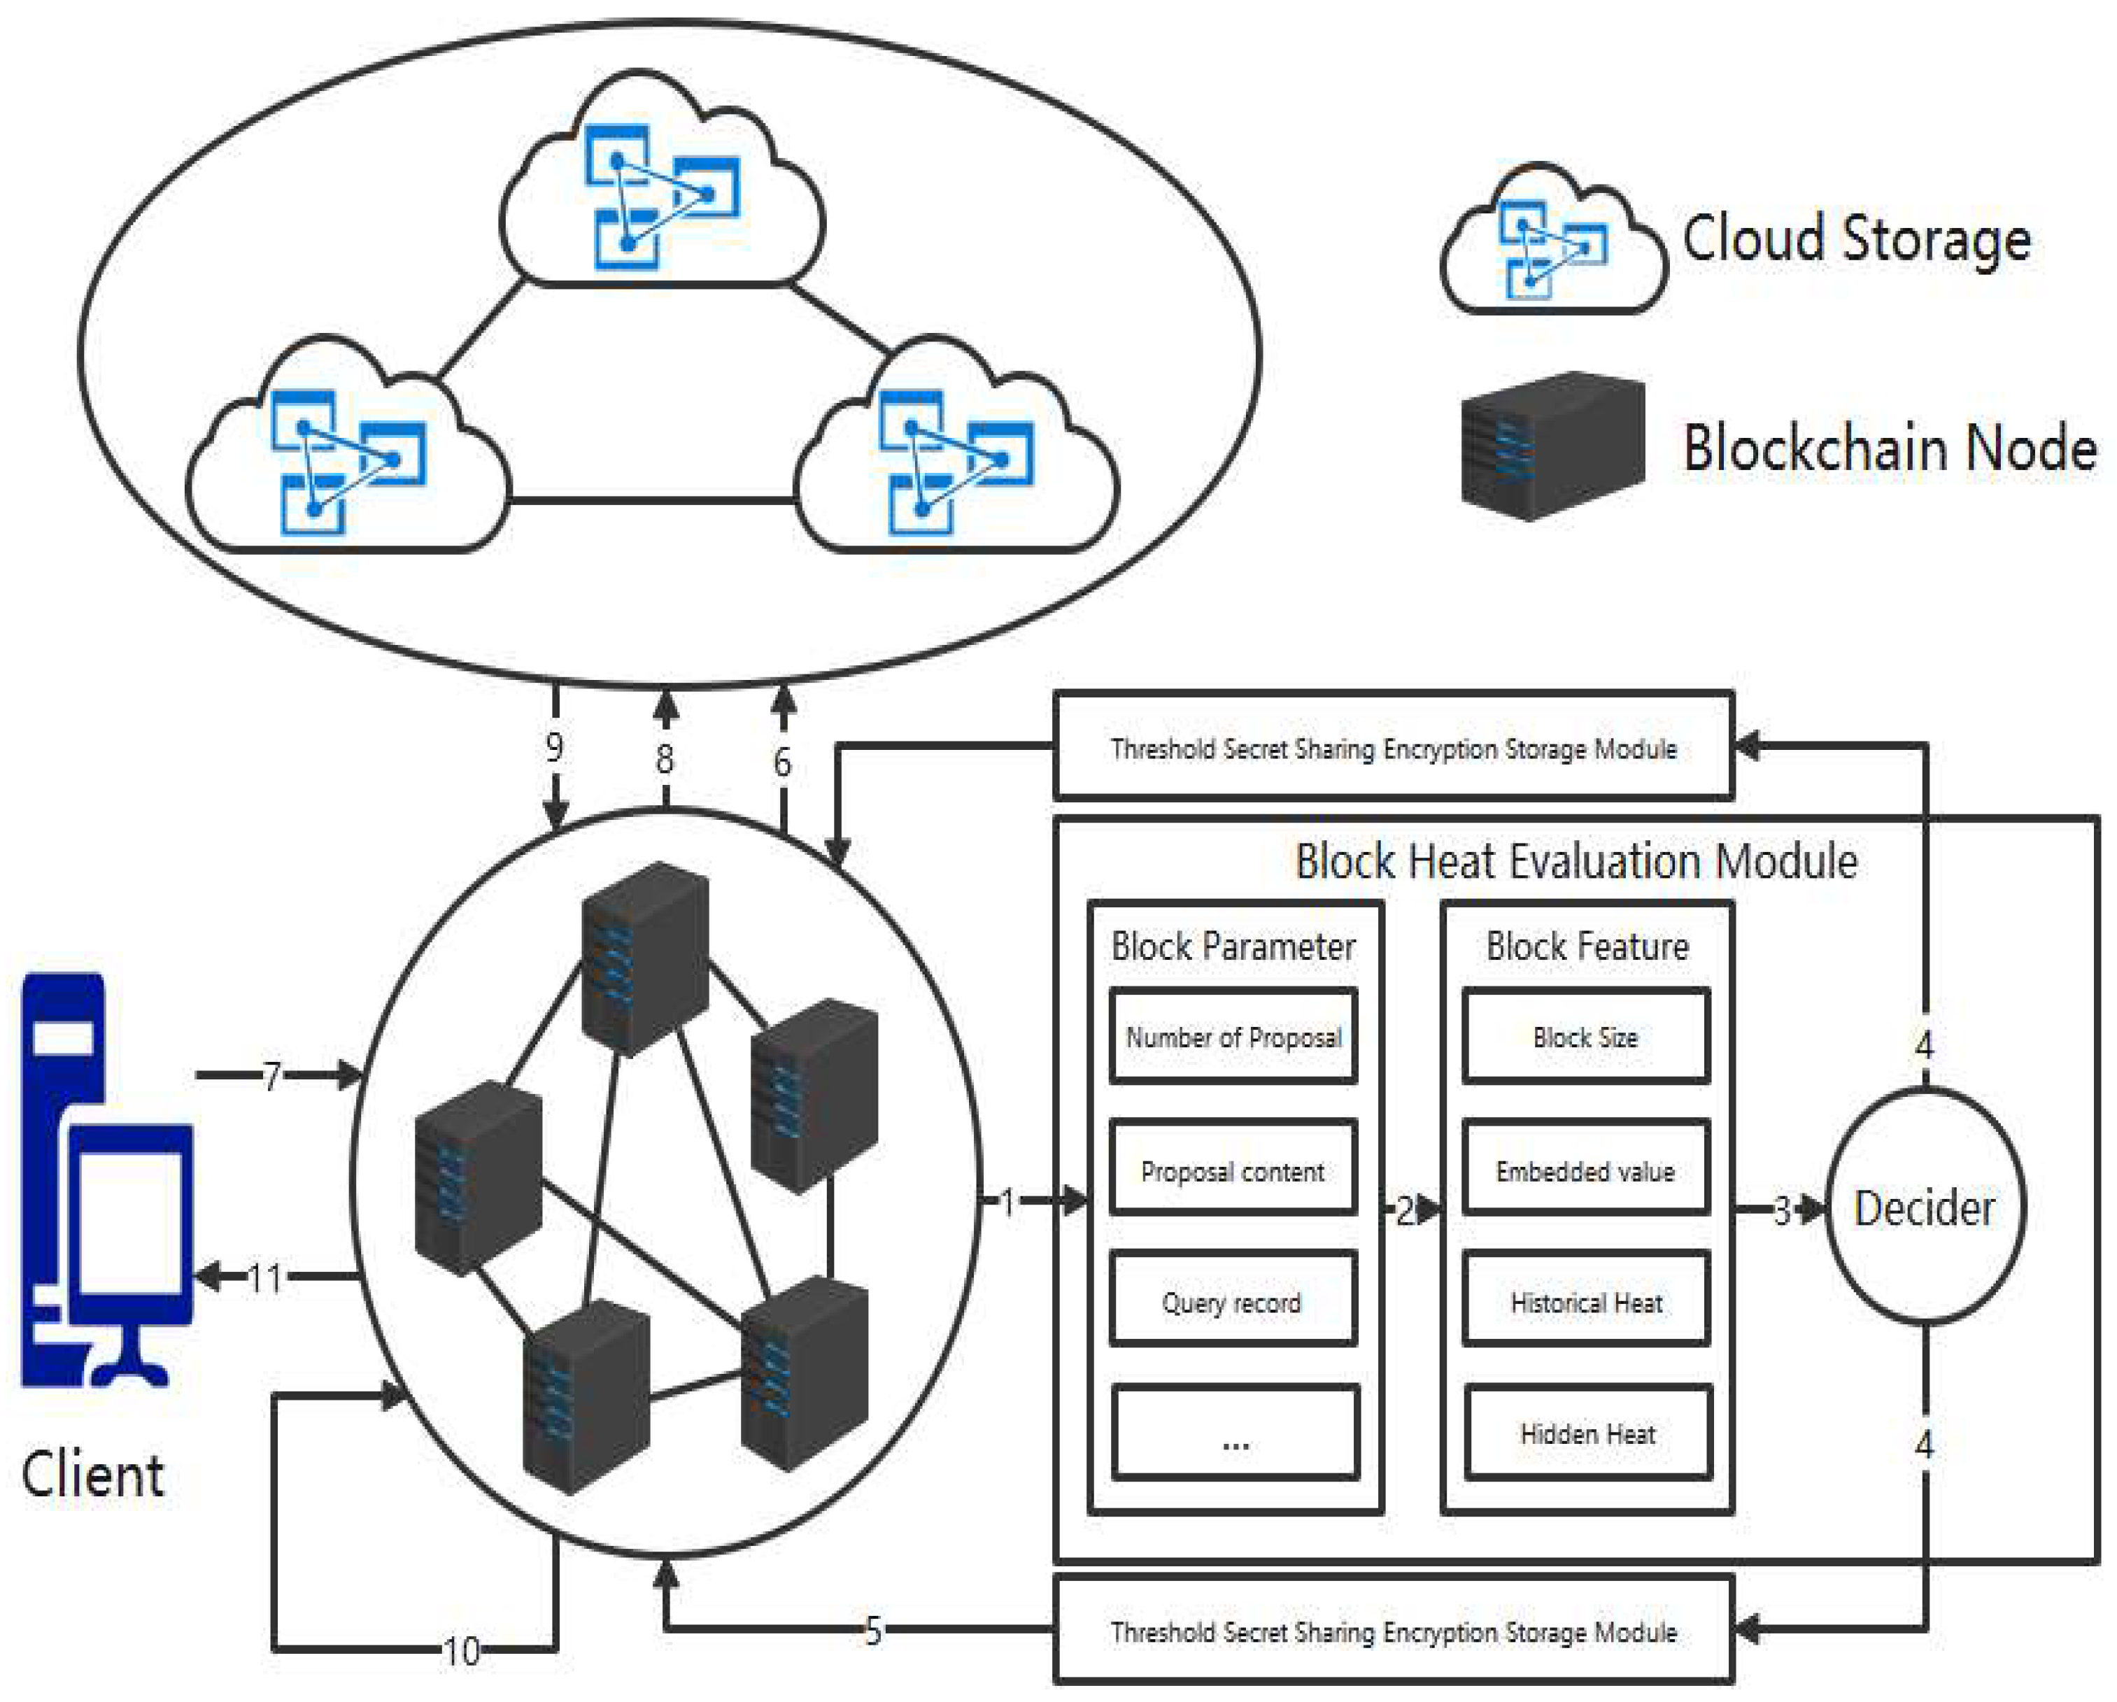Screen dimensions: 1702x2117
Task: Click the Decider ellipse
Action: coord(1924,1206)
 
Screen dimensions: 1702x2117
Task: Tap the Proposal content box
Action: coord(1233,1170)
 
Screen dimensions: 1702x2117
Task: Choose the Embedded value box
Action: coord(1586,1170)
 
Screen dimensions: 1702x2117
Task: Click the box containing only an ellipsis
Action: coord(1235,1433)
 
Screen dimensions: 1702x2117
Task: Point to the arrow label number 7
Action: coord(272,1075)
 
